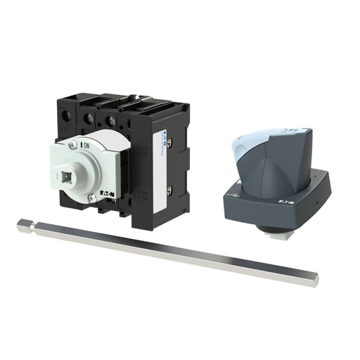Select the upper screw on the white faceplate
coord(73,145)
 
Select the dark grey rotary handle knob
coord(267,169)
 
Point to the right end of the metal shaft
coord(314,279)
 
